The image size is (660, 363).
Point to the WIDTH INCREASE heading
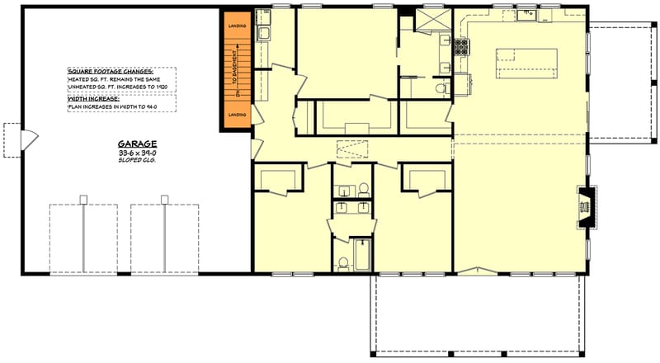[93, 98]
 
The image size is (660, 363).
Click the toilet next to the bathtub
[343, 263]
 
